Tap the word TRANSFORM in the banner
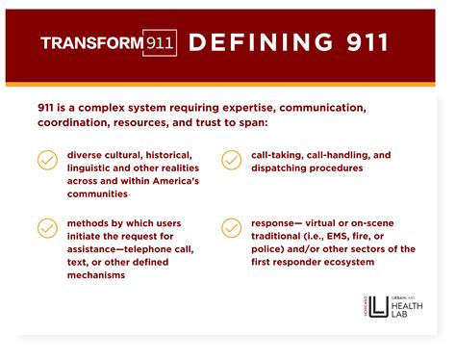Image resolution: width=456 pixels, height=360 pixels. click(x=91, y=42)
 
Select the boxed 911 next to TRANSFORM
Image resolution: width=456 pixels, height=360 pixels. click(x=160, y=42)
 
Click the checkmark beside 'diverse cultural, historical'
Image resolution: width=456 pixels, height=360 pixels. click(x=47, y=160)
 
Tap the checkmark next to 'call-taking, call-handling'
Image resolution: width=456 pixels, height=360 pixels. click(x=231, y=160)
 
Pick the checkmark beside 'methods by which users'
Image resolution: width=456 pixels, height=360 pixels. click(x=47, y=228)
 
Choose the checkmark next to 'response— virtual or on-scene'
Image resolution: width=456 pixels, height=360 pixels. click(x=231, y=228)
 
